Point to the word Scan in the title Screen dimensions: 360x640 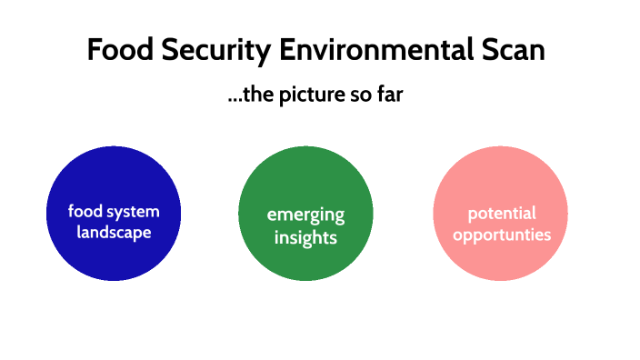513,50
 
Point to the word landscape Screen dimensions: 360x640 114,233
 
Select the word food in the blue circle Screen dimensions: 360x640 85,212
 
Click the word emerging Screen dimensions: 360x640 305,215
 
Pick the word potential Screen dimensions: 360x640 502,214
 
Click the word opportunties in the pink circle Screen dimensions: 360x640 502,235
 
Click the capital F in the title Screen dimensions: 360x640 95,50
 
